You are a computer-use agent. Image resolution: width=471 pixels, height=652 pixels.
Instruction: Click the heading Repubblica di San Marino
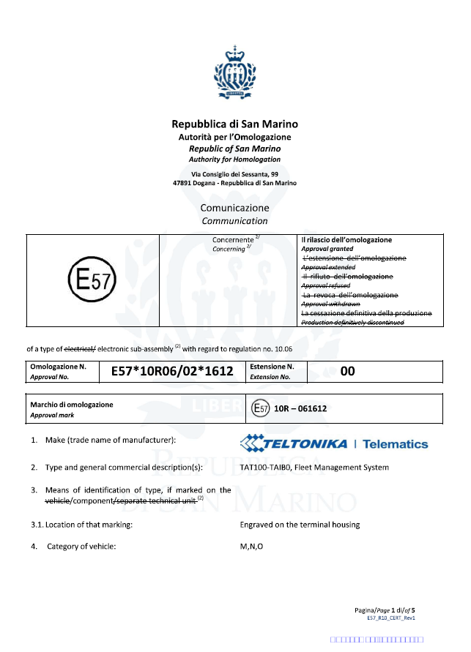point(234,124)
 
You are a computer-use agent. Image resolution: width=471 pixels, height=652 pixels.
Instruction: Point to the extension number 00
point(347,372)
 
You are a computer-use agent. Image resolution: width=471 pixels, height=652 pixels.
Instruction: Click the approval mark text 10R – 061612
point(300,408)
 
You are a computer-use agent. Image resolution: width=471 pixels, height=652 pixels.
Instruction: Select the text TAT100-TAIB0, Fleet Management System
point(314,467)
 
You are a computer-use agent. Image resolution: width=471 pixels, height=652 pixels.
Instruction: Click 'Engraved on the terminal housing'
point(300,525)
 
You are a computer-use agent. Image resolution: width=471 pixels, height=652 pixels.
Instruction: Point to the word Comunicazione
point(234,208)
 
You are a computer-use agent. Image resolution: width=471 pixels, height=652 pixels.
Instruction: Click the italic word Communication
point(234,220)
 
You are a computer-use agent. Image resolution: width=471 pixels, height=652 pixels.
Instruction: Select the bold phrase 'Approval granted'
point(327,249)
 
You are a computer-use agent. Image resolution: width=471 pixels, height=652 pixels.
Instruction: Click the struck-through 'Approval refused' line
point(326,285)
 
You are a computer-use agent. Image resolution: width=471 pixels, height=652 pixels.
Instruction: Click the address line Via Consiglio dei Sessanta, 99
point(234,174)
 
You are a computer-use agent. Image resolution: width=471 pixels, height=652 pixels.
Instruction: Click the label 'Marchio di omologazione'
point(72,405)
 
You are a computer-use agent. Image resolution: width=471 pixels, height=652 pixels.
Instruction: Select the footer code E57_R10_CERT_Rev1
point(391,618)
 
